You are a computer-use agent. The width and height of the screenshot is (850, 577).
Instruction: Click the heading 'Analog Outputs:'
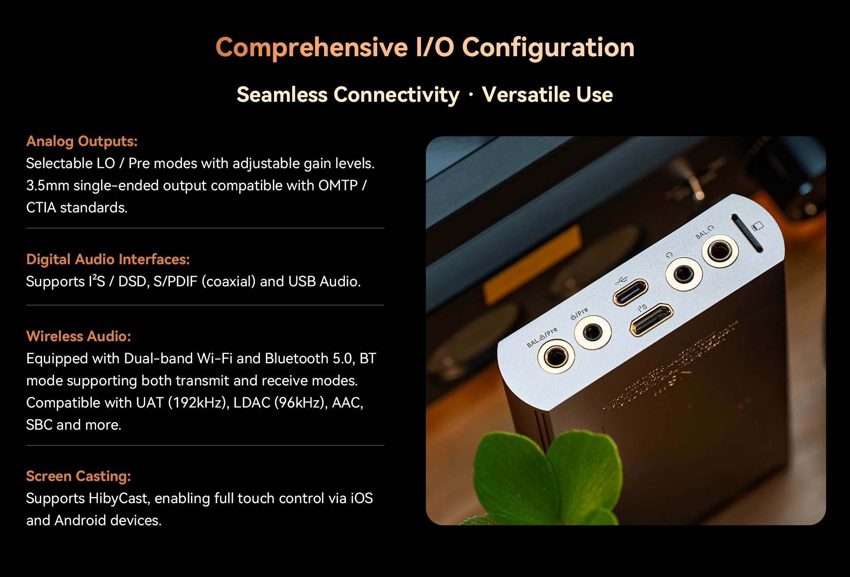coord(82,141)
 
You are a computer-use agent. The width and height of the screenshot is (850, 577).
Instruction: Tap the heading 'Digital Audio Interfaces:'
coord(108,259)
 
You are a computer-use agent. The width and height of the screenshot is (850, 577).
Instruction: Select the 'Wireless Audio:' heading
coord(79,336)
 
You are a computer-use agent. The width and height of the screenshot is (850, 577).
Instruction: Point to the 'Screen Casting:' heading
coord(78,476)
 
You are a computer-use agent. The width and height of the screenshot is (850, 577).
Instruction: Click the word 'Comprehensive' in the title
coord(312,48)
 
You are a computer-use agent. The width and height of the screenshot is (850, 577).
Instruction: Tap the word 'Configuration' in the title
coord(549,48)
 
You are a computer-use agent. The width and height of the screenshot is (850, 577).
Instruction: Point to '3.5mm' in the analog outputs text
coord(48,186)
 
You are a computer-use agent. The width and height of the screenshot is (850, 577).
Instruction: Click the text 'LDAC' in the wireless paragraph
coord(252,403)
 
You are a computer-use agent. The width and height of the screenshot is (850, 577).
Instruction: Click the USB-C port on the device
coord(630,292)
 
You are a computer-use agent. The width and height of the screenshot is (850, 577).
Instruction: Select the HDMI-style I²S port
coord(651,320)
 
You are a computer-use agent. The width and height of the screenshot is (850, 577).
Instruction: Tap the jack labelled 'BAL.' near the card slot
coord(720,251)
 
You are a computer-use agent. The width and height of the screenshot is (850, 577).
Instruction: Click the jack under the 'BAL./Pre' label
coord(556,356)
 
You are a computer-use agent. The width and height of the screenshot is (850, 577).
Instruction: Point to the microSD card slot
coord(746,233)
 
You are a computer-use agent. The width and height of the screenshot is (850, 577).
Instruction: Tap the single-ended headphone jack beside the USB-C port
coord(684,274)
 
